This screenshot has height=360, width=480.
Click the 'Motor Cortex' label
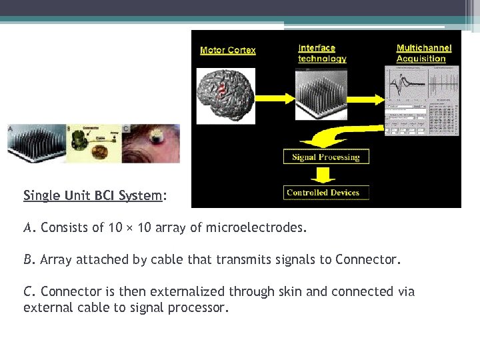coord(228,51)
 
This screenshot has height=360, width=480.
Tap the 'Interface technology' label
coord(322,53)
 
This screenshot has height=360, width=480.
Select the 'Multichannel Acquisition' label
coord(424,53)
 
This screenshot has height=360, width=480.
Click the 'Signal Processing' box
coord(326,157)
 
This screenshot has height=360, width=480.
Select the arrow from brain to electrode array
coord(273,97)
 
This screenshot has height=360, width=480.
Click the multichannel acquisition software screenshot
coord(422,100)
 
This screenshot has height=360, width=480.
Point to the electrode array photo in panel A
coord(37,143)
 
